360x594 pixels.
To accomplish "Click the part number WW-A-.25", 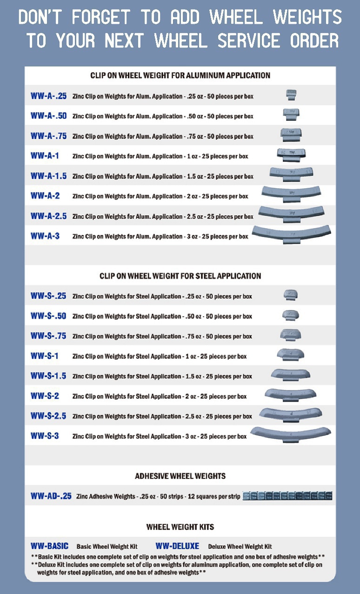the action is [48, 96].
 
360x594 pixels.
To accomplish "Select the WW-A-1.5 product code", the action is [48, 176].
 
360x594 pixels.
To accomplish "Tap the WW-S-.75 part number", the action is [48, 336].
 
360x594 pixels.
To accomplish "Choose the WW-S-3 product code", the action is [45, 436].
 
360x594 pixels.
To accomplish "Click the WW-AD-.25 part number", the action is [51, 496].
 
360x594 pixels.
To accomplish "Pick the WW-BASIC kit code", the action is [49, 546].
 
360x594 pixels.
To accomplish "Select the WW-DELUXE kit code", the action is [177, 546].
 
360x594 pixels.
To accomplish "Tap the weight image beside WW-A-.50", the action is [291, 114].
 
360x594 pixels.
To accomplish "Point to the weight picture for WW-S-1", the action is [291, 355].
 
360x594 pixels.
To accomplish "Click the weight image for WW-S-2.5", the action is [291, 415].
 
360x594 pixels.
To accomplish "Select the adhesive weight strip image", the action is [287, 496].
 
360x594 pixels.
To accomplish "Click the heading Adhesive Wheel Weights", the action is [180, 476].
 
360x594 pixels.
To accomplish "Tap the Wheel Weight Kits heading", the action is [180, 527].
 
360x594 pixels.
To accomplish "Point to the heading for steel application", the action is [180, 276].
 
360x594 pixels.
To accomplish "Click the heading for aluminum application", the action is [180, 75].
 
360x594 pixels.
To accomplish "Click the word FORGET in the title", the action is [101, 17].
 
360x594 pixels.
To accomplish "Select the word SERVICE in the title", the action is [249, 40].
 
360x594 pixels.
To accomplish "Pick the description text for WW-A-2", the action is [160, 196].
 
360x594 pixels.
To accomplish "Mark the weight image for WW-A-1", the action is [291, 155].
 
